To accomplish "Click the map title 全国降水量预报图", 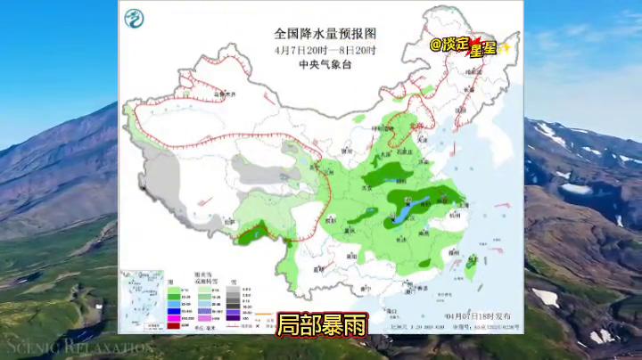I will (x=320, y=35).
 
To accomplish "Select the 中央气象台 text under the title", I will (x=320, y=64).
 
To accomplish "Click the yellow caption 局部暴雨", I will (x=321, y=325).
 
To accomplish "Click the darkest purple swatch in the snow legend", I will (x=231, y=315).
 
